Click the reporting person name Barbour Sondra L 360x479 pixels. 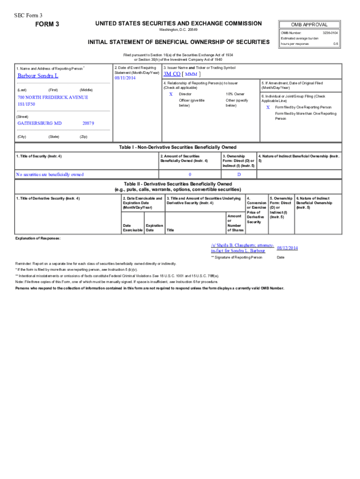[x=38, y=76]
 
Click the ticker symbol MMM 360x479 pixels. [x=191, y=74]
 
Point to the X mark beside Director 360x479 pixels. [x=171, y=94]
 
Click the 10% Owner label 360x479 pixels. [x=235, y=94]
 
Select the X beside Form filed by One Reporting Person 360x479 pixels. [x=268, y=107]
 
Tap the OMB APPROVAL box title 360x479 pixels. [x=309, y=25]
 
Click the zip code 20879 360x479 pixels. [x=88, y=123]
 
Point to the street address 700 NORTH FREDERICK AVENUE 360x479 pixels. [x=52, y=97]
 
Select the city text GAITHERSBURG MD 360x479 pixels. [x=39, y=123]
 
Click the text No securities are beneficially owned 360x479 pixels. [x=50, y=174]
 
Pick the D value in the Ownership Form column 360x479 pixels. [x=239, y=174]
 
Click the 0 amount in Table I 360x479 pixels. [x=189, y=174]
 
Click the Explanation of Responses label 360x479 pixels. [x=38, y=239]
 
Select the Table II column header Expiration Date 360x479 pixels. [x=154, y=228]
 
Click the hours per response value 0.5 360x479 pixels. [x=335, y=44]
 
